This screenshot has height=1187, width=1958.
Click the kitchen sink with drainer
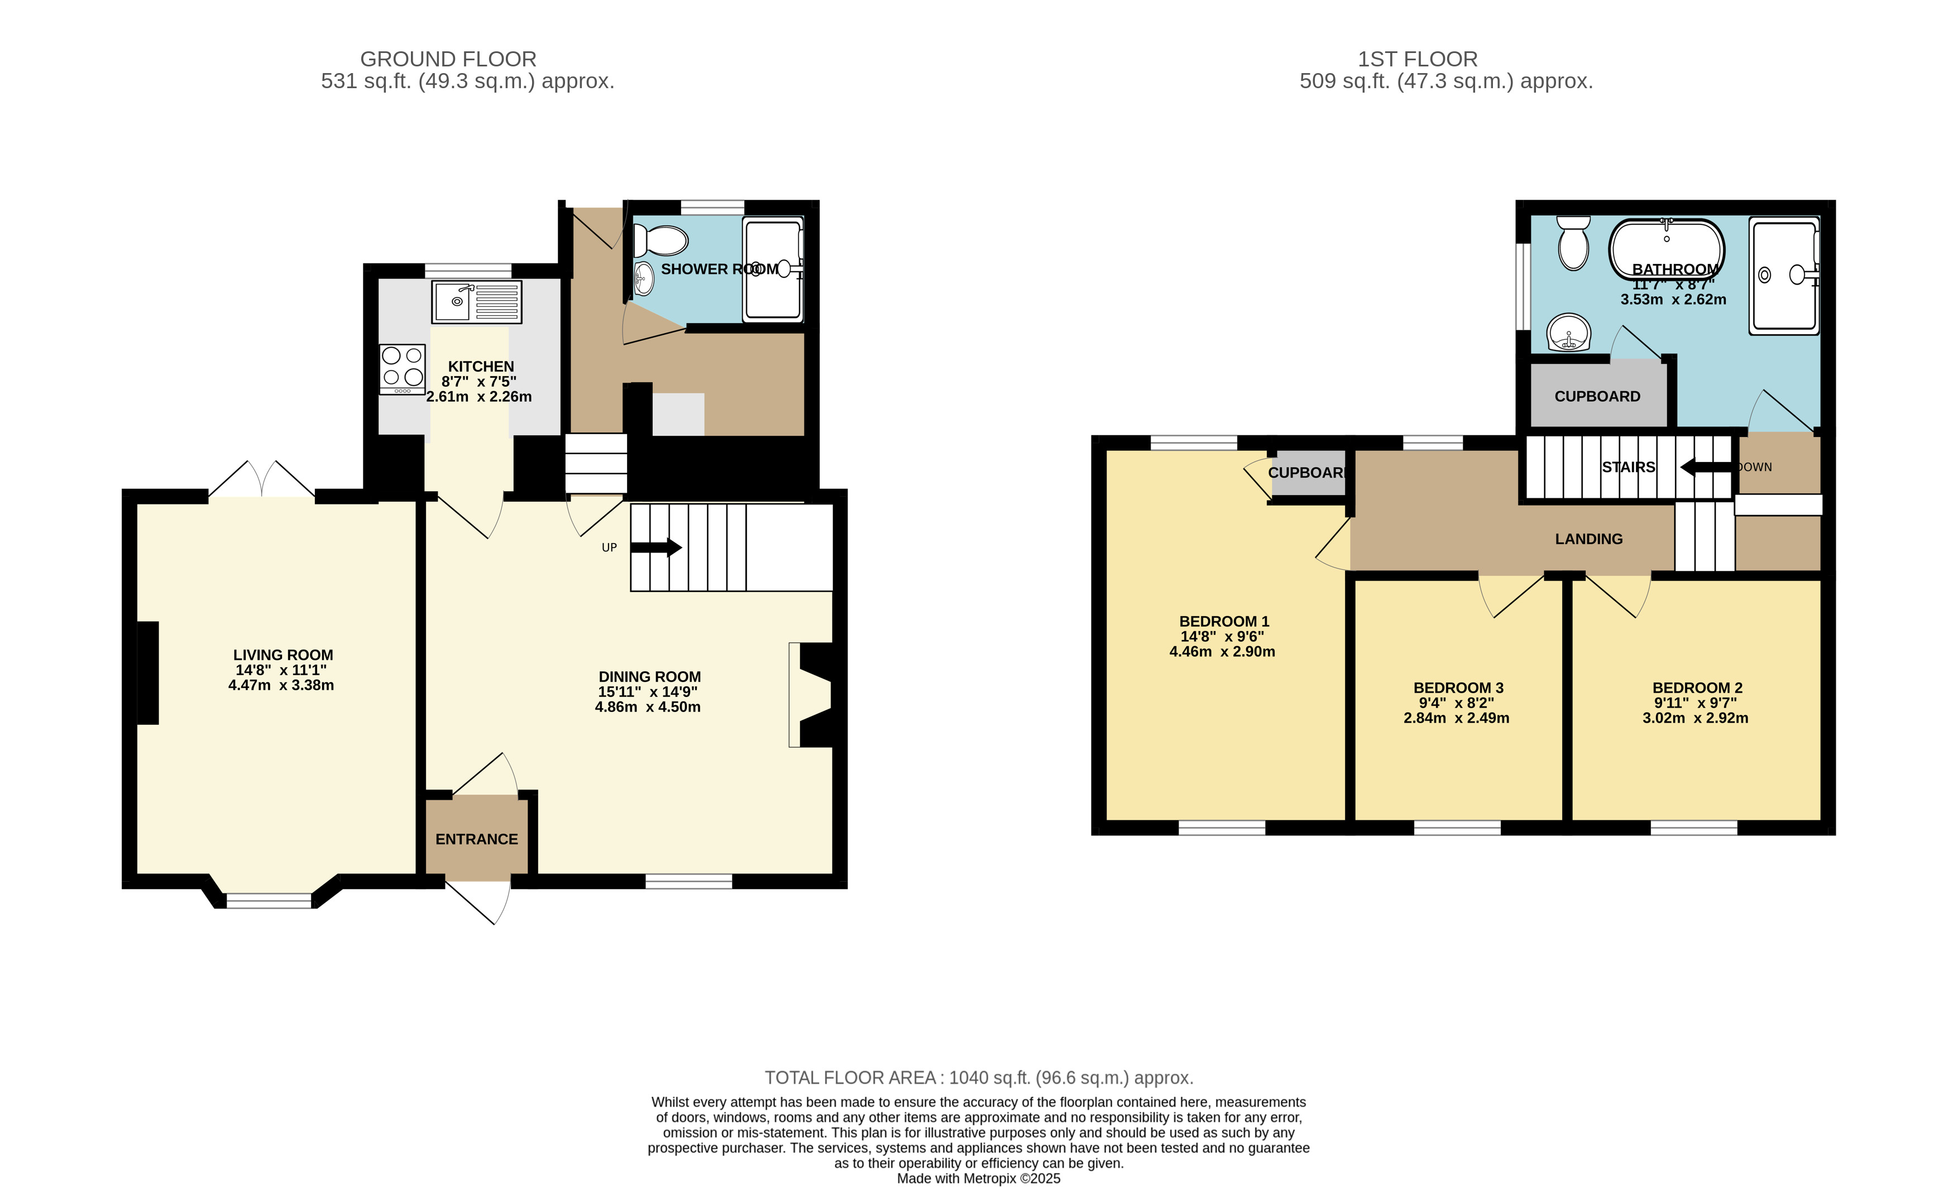point(477,302)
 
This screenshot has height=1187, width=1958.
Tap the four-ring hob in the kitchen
point(402,369)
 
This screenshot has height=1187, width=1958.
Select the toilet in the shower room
point(660,241)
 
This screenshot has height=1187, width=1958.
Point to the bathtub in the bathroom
point(1667,249)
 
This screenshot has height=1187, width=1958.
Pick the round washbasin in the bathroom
point(1569,333)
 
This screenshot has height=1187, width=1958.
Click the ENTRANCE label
point(477,839)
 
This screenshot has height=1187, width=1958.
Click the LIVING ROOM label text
point(283,655)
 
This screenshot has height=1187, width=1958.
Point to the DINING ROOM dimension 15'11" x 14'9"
point(648,692)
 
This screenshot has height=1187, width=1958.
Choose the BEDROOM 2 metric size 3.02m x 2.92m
point(1695,718)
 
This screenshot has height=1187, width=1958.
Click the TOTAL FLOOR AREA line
point(979,1078)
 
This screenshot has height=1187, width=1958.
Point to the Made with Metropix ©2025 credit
point(978,1178)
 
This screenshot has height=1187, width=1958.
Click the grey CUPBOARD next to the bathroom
point(1597,396)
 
